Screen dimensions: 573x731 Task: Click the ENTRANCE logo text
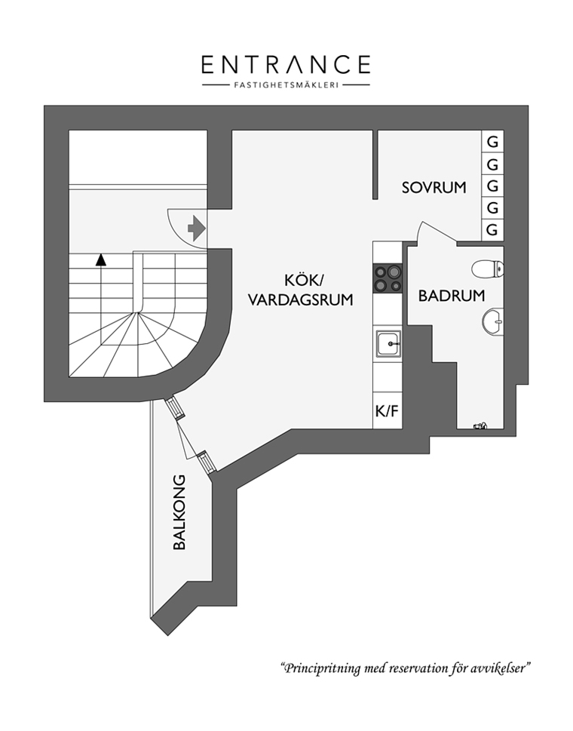click(x=286, y=65)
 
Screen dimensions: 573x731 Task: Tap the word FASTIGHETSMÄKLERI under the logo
click(x=286, y=84)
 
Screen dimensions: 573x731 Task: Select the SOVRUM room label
click(x=434, y=187)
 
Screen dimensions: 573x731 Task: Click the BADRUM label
click(x=452, y=296)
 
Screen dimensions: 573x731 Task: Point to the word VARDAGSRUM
click(x=301, y=299)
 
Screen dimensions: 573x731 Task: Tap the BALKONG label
click(x=179, y=512)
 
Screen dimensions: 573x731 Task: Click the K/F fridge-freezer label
click(x=387, y=411)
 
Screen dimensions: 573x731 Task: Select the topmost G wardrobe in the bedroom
click(x=492, y=141)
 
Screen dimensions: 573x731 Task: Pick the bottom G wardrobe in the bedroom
click(x=492, y=230)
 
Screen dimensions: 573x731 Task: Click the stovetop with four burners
click(x=387, y=278)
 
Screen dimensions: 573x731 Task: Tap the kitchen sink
click(x=388, y=343)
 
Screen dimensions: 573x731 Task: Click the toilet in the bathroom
click(x=487, y=269)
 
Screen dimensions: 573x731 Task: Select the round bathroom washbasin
click(x=492, y=321)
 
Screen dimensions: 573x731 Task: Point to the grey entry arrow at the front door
click(x=196, y=228)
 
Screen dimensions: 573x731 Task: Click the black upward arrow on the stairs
click(x=100, y=260)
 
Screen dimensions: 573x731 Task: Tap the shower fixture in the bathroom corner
click(x=480, y=425)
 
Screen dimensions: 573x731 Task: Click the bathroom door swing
click(x=436, y=232)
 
